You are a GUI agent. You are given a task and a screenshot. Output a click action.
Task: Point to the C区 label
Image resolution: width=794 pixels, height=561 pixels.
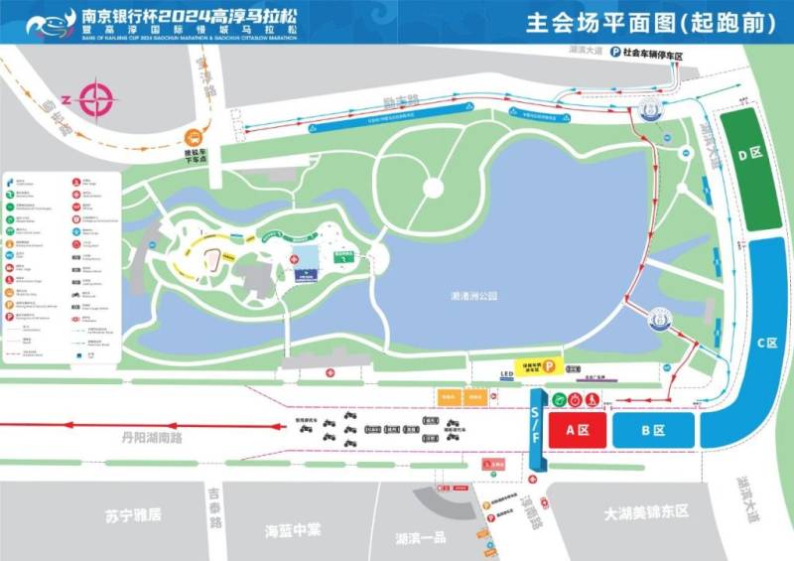pos(766,344)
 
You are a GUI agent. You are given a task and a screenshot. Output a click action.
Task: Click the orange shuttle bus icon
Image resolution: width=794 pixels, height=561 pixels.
pos(195,138)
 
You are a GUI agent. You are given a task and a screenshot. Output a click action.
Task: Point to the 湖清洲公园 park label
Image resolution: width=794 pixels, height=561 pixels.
pos(472,296)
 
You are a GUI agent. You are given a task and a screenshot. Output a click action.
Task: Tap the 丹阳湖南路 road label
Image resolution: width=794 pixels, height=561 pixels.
pos(154,436)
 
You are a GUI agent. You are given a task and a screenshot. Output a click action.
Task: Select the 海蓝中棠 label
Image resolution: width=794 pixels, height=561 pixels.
pos(293,529)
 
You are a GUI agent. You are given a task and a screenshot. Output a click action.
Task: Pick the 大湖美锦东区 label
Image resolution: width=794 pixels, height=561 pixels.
pos(646,511)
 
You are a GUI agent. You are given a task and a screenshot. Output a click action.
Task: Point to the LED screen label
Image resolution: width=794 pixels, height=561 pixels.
pos(506,375)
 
